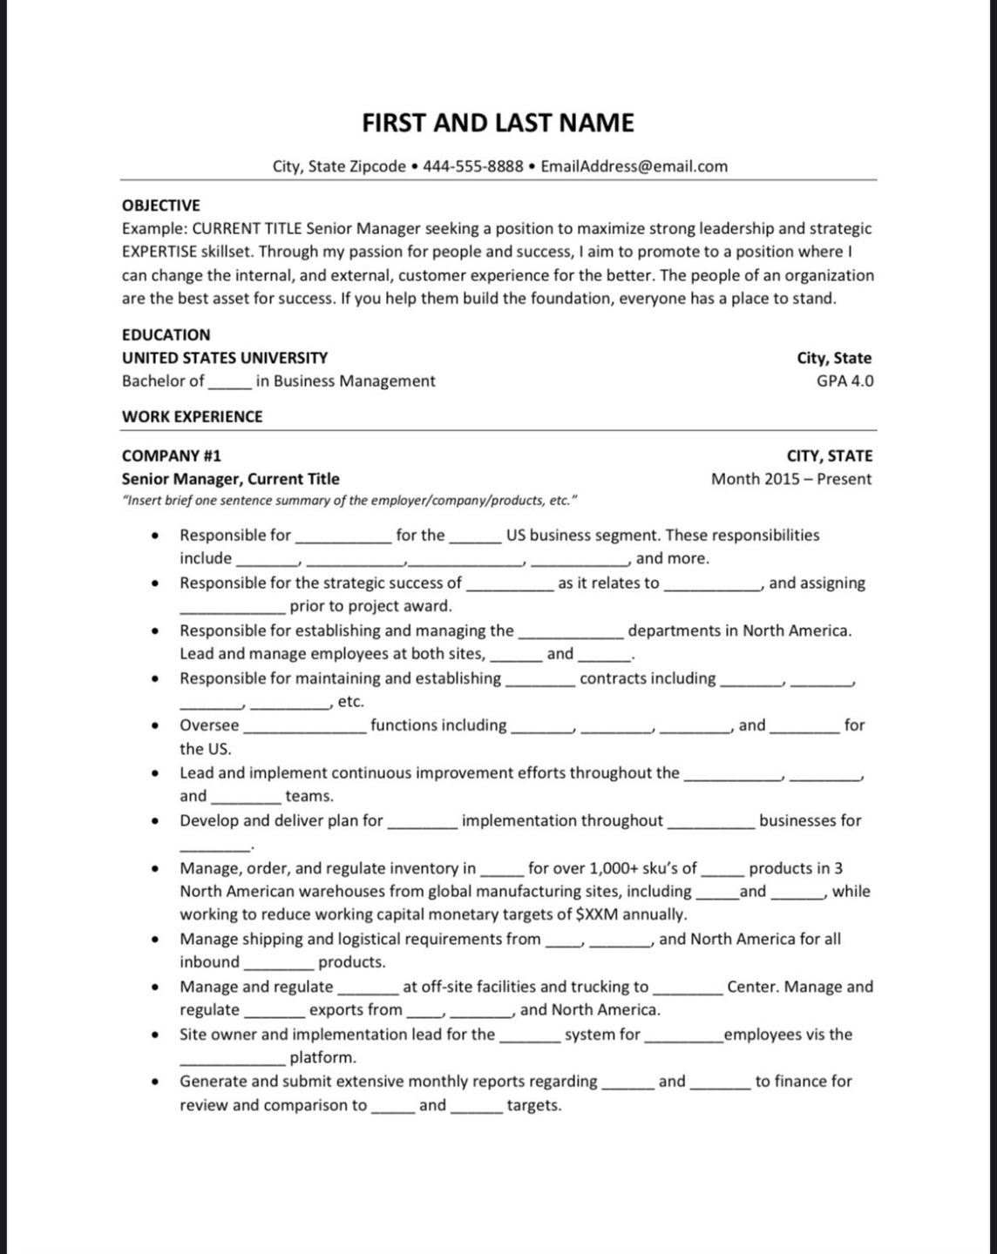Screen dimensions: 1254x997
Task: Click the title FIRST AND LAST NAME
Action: [x=498, y=123]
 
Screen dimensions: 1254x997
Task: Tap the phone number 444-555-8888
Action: [x=472, y=166]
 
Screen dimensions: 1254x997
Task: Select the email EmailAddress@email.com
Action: [x=634, y=166]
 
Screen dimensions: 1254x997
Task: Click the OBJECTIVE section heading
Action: [x=161, y=206]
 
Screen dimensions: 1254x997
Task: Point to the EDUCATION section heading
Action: [x=166, y=334]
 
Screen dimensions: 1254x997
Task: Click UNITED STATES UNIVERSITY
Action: [x=225, y=358]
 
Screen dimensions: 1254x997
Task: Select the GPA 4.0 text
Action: [x=844, y=381]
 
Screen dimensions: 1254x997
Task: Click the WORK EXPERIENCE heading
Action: [x=192, y=416]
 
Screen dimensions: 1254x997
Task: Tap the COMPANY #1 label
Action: [x=172, y=455]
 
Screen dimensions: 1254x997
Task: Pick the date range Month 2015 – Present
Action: [x=790, y=479]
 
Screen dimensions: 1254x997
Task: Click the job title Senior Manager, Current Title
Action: [x=231, y=479]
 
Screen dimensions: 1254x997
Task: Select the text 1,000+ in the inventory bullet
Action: [x=618, y=868]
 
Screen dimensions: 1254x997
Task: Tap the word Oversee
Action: [x=209, y=725]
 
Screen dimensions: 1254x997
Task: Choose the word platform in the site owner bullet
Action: [x=322, y=1058]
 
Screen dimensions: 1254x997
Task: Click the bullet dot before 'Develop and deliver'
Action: [x=154, y=821]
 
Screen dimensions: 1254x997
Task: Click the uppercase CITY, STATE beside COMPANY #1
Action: [x=829, y=455]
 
